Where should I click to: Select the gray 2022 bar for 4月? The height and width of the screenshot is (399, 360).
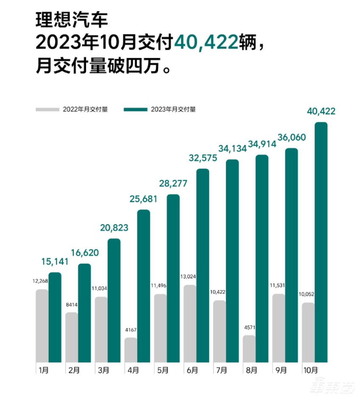[x=131, y=349]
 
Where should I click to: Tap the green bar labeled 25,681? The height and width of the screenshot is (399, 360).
[x=144, y=286]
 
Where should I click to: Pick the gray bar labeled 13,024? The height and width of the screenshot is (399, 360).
[x=190, y=323]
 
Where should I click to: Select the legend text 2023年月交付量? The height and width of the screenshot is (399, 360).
[x=173, y=110]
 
